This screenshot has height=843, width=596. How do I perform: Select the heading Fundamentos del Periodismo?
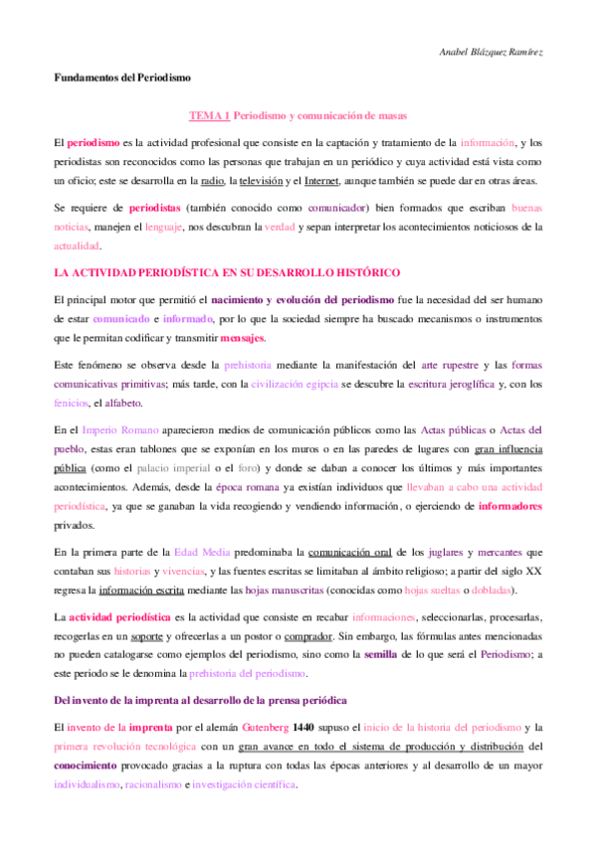tap(121, 78)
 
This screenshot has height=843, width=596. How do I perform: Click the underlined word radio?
tap(211, 182)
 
